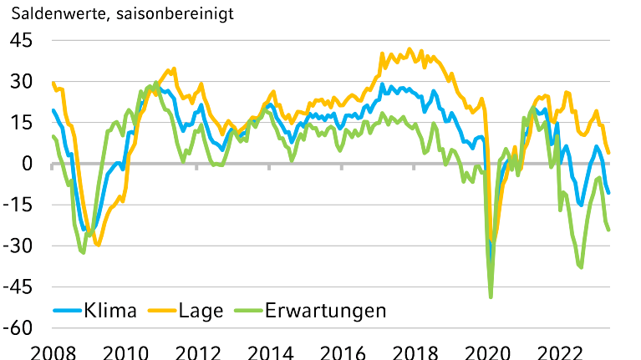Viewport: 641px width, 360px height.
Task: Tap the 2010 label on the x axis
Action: pos(125,351)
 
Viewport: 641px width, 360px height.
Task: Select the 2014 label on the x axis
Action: pos(270,351)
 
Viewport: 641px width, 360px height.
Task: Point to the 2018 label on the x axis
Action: pos(415,351)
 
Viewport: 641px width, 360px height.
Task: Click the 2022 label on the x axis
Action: pos(559,351)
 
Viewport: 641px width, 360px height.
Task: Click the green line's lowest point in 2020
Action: pos(491,297)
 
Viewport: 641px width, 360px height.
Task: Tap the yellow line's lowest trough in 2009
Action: pos(98,245)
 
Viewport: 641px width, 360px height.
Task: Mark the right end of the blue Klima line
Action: pos(608,193)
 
